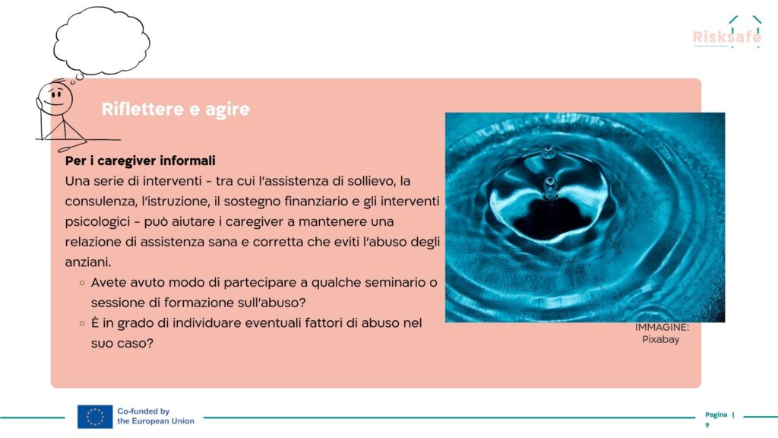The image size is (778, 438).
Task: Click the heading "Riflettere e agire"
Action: pos(176,109)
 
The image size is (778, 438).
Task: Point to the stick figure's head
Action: pos(55,97)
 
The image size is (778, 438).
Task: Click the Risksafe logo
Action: pos(727,32)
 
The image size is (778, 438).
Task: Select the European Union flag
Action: pos(95,417)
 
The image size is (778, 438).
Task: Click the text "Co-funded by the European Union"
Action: pos(156,416)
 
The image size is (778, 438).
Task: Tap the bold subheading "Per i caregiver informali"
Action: pos(141,161)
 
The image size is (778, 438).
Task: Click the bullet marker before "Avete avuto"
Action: pos(82,283)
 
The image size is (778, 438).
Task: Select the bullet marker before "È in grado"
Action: pos(82,324)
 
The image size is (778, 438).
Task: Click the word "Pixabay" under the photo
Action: pos(660,340)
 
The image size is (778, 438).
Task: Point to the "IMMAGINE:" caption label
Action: pos(662,327)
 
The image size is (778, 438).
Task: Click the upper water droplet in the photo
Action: pos(549,152)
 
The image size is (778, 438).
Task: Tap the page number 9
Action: pos(707,425)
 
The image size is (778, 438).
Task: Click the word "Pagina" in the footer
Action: pos(716,414)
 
